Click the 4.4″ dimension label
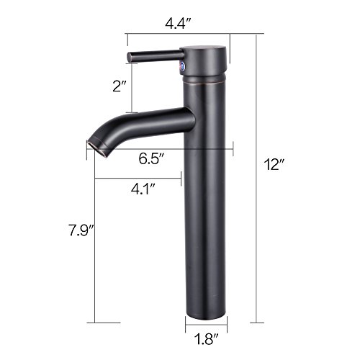coord(178,24)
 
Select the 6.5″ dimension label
coord(152,158)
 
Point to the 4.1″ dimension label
coord(143,189)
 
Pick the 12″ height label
coord(274,165)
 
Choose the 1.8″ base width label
coord(206,340)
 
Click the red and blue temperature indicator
coord(183,66)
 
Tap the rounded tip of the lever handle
coord(130,58)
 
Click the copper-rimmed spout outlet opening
coord(97,149)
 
